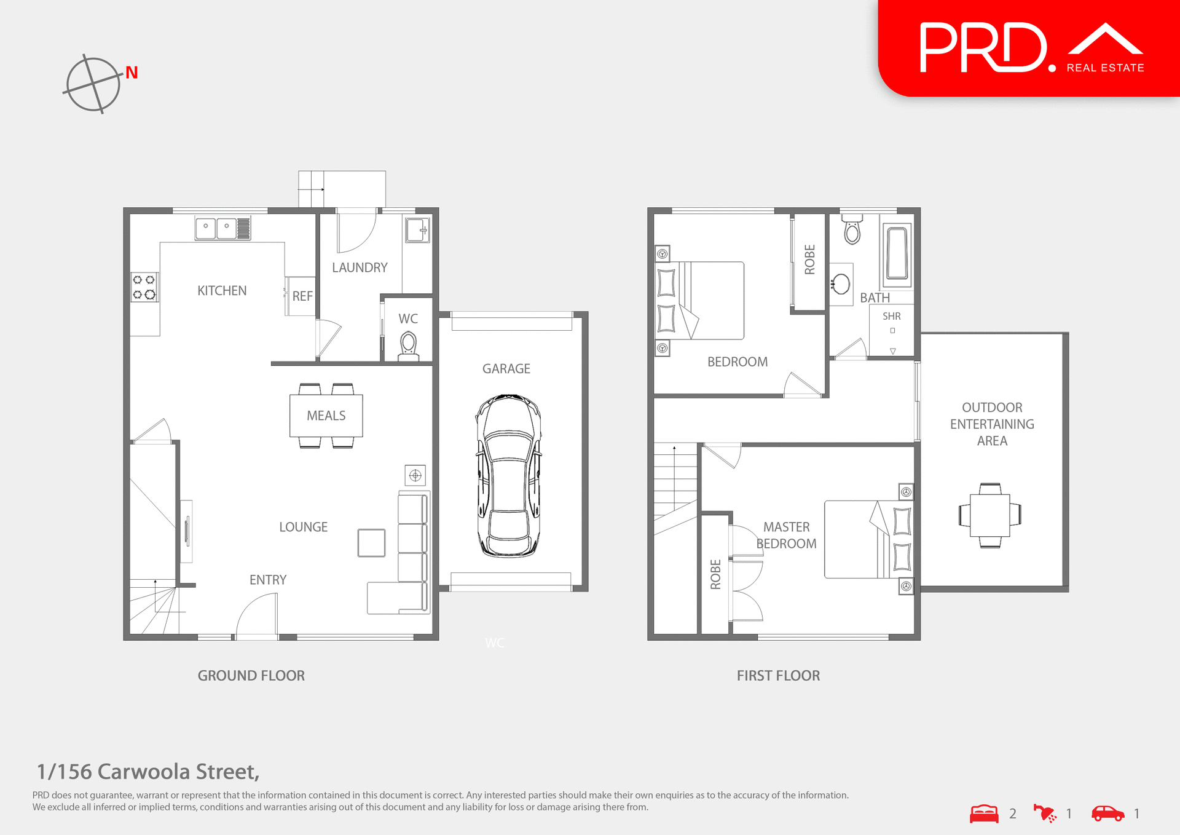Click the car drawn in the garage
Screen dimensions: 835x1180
pyautogui.click(x=509, y=475)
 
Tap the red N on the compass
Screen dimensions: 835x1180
pyautogui.click(x=132, y=73)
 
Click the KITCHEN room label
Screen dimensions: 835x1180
pyautogui.click(x=222, y=291)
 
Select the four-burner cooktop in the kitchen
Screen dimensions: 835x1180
pyautogui.click(x=144, y=287)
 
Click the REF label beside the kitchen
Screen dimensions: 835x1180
pyautogui.click(x=302, y=296)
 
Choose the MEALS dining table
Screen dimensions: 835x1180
pyautogui.click(x=326, y=416)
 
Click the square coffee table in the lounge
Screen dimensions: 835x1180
pyautogui.click(x=371, y=543)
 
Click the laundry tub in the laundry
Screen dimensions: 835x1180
pyautogui.click(x=417, y=231)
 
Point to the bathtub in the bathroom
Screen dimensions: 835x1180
pyautogui.click(x=897, y=253)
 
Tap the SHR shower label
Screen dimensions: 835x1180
pyautogui.click(x=891, y=316)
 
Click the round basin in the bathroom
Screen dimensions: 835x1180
pyautogui.click(x=840, y=284)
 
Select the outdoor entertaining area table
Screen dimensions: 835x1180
pyautogui.click(x=989, y=515)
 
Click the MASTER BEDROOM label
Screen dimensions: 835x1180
pyautogui.click(x=786, y=535)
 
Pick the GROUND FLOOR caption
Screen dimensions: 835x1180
pyautogui.click(x=251, y=676)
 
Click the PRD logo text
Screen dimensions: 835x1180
pyautogui.click(x=983, y=48)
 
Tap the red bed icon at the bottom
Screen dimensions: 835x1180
pyautogui.click(x=984, y=813)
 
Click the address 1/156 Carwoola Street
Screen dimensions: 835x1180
pyautogui.click(x=147, y=772)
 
